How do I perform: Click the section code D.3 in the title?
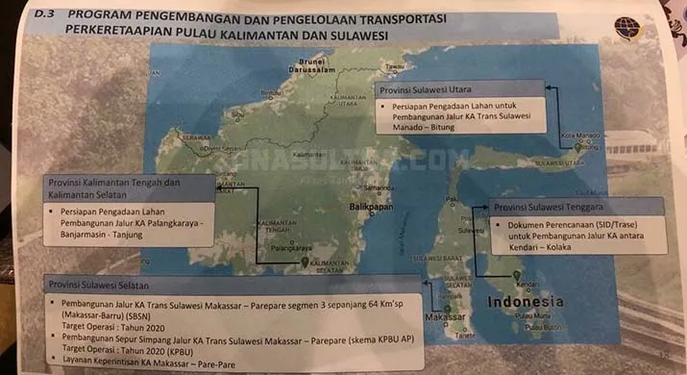pyautogui.click(x=44, y=14)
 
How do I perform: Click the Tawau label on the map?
pyautogui.click(x=395, y=66)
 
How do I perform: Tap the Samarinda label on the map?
pyautogui.click(x=380, y=187)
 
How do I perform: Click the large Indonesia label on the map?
pyautogui.click(x=529, y=302)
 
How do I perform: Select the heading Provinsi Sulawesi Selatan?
pyautogui.click(x=99, y=284)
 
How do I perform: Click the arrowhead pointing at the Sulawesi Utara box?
pyautogui.click(x=552, y=88)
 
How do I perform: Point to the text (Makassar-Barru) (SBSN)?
pyautogui.click(x=107, y=313)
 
